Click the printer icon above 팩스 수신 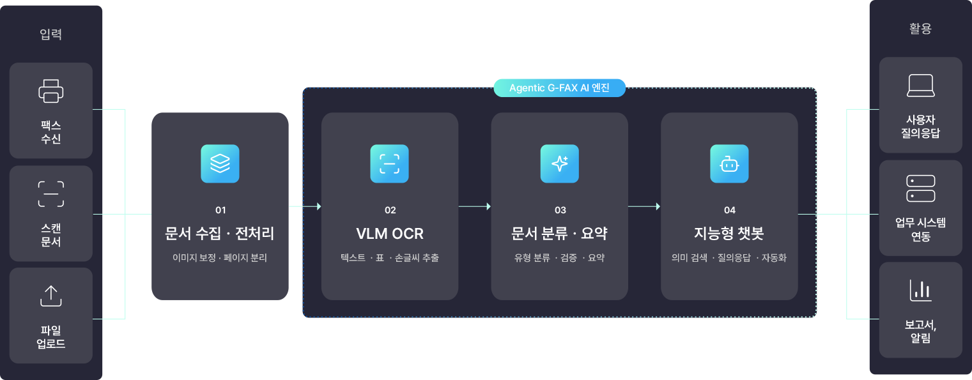tap(50, 91)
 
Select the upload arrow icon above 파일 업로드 tap(50, 296)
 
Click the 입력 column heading tap(50, 34)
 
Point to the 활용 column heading tap(920, 29)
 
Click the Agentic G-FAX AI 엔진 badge tap(559, 88)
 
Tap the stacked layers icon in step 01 tap(220, 163)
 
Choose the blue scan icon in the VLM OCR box tap(389, 163)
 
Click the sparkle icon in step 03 tap(559, 163)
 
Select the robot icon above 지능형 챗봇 tap(729, 163)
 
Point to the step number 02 tap(390, 210)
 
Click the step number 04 tap(730, 210)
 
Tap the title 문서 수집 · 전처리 tap(220, 233)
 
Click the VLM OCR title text tap(390, 234)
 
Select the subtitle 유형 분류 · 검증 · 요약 tap(559, 257)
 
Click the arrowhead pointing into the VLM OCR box tap(319, 206)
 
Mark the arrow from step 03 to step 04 tap(644, 206)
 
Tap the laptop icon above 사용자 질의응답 tap(920, 86)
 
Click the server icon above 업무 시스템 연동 tap(920, 188)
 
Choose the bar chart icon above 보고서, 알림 tap(920, 290)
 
